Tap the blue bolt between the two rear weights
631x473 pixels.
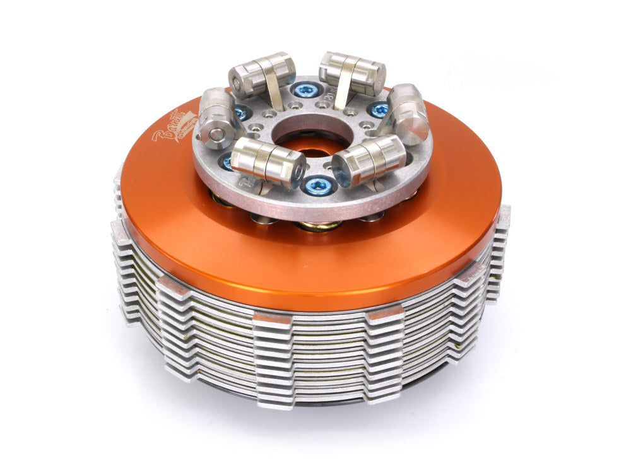point(307,90)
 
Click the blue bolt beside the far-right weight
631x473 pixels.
point(379,110)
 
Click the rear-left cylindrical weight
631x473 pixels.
point(262,74)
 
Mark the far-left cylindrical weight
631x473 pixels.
point(216,118)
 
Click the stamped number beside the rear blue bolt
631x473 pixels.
point(333,93)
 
